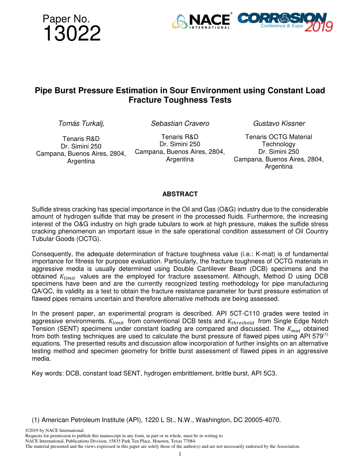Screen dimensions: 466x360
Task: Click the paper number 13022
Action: click(72, 34)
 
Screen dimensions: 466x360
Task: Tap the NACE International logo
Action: click(201, 22)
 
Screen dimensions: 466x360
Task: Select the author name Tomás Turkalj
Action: click(81, 124)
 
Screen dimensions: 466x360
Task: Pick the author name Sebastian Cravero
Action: click(180, 124)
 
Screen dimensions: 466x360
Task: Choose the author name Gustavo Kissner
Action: click(279, 124)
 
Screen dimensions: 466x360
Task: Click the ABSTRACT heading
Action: click(180, 194)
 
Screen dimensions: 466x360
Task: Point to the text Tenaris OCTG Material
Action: click(279, 137)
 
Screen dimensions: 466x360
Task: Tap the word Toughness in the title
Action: click(184, 100)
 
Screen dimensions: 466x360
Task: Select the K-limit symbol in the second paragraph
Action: click(67, 277)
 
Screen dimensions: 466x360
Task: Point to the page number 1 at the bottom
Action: click(180, 454)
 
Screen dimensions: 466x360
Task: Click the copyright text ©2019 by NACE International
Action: click(55, 430)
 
